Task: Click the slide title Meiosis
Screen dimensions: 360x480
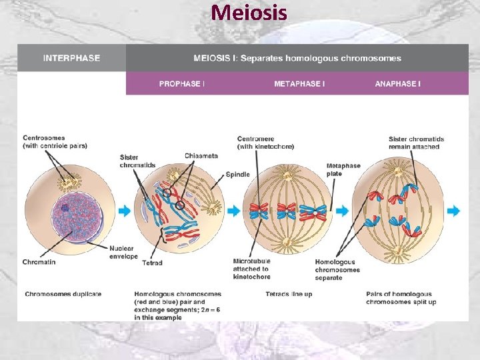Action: tap(249, 12)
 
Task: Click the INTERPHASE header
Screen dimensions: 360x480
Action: tap(71, 58)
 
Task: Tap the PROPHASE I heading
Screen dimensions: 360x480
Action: tap(181, 84)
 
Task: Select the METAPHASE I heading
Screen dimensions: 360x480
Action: tap(299, 84)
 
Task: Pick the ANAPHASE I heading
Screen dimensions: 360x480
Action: tap(397, 84)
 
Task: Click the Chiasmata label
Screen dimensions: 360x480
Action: tap(201, 156)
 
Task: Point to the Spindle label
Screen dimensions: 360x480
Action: tap(238, 174)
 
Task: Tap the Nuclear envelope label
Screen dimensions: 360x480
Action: tap(123, 251)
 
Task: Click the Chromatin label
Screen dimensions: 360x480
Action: tap(39, 262)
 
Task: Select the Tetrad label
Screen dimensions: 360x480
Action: tap(152, 263)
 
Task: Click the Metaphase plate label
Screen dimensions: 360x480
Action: tap(343, 170)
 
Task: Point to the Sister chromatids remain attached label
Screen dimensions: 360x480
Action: tap(416, 143)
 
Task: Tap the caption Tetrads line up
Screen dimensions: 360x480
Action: tap(289, 294)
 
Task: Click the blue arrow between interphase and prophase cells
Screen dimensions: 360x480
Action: tap(125, 211)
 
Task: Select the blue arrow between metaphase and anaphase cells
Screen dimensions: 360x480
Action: tap(342, 211)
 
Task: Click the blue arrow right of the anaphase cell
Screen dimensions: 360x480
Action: tap(453, 211)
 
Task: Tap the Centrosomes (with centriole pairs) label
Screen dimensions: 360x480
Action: tap(55, 142)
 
